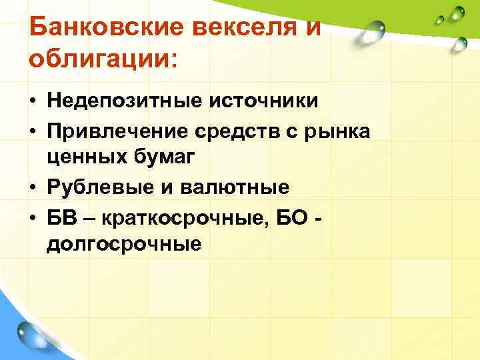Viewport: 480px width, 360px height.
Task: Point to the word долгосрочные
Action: [123, 245]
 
